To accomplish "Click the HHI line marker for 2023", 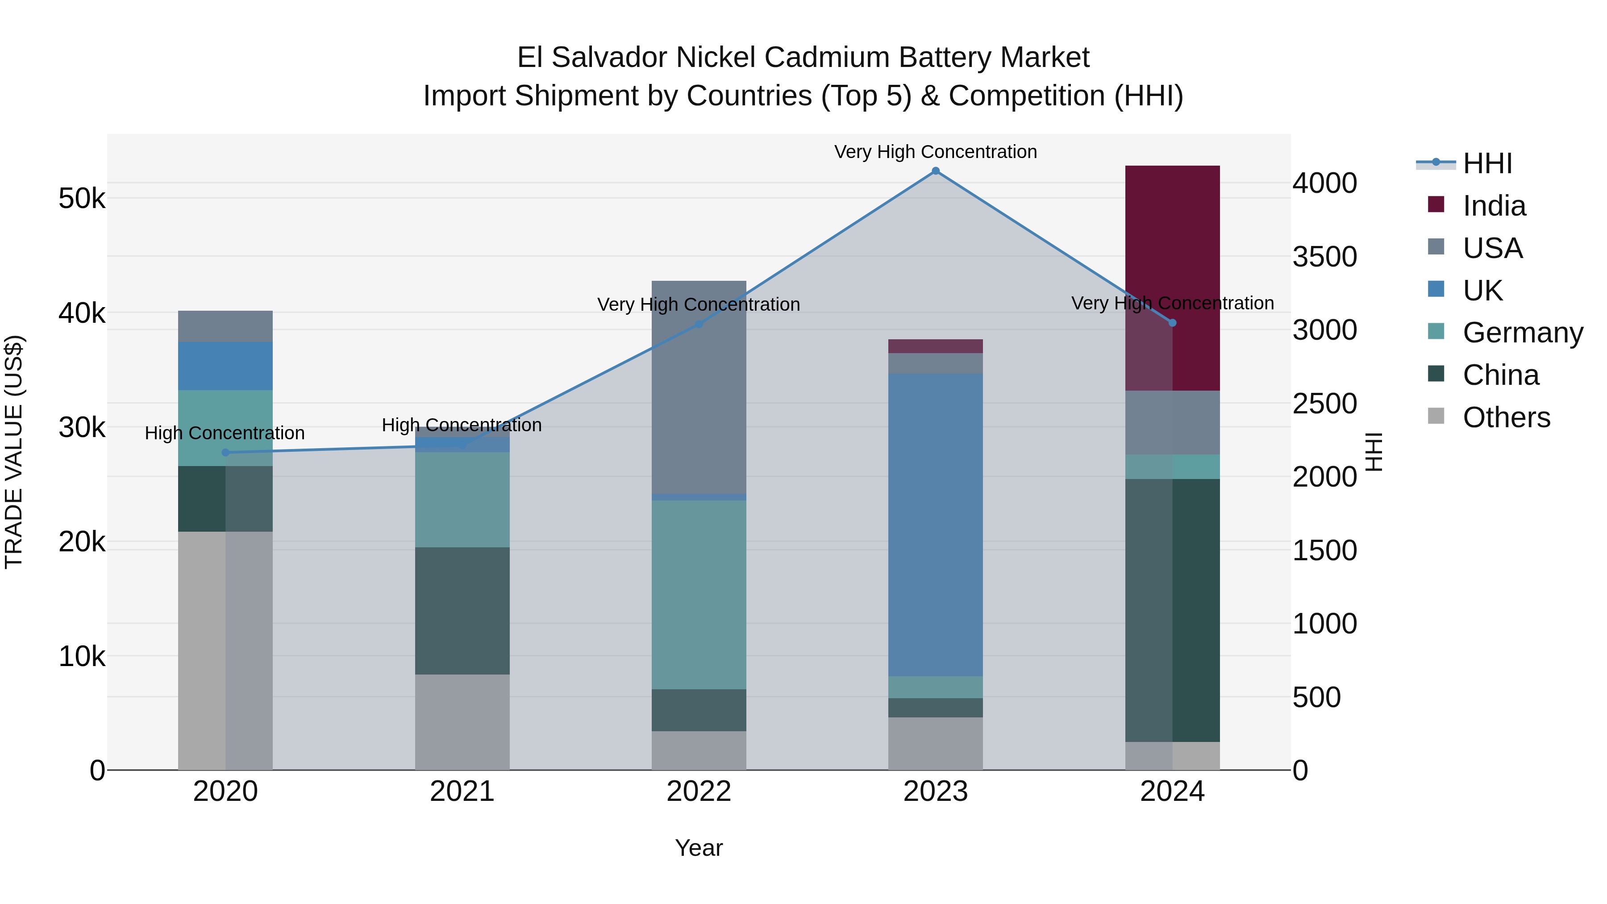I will pyautogui.click(x=935, y=171).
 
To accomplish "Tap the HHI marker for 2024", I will pyautogui.click(x=1172, y=323).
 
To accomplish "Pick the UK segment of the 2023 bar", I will pyautogui.click(x=935, y=524).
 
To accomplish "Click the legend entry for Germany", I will pyautogui.click(x=1522, y=333).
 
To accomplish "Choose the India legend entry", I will pyautogui.click(x=1494, y=206).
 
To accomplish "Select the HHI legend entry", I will pyautogui.click(x=1487, y=163).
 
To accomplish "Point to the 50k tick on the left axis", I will pyautogui.click(x=82, y=199).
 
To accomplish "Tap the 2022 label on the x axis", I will pyautogui.click(x=699, y=791).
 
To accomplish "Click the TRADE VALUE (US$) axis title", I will pyautogui.click(x=14, y=452).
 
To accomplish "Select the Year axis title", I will pyautogui.click(x=699, y=848).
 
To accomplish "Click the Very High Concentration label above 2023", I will pyautogui.click(x=935, y=152).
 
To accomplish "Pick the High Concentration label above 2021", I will pyautogui.click(x=462, y=425).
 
